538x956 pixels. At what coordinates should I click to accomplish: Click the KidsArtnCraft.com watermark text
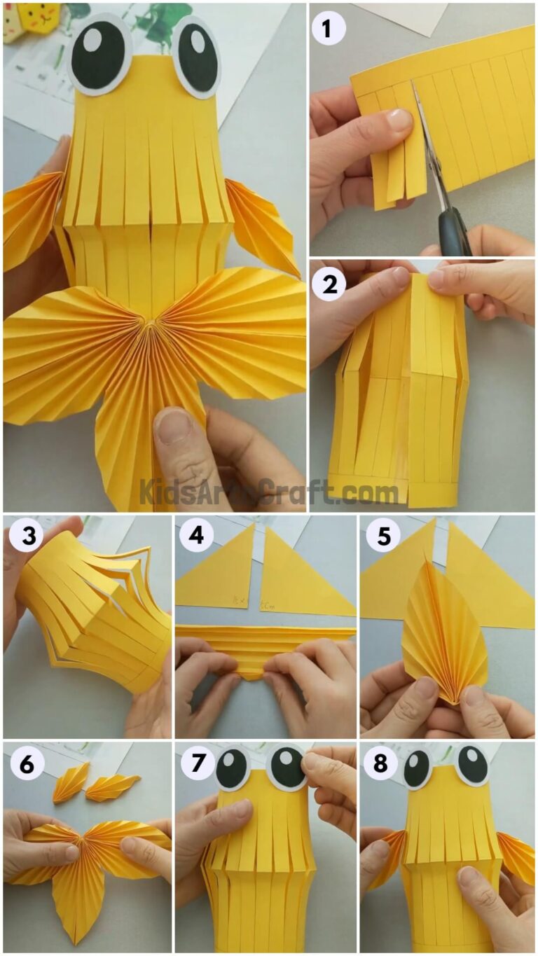269,491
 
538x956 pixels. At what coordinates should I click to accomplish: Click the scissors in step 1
448,210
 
